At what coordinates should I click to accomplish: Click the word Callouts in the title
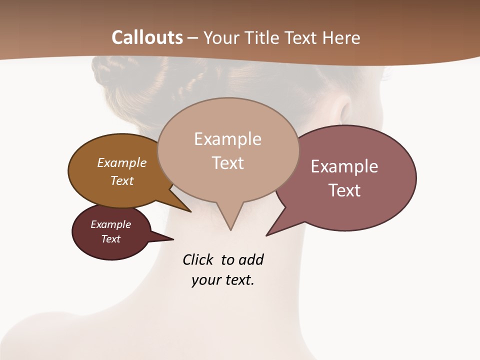pos(147,37)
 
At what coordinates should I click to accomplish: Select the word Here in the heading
pos(342,37)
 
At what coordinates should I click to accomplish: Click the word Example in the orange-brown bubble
pos(122,162)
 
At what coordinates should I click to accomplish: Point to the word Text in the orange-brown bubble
pos(122,180)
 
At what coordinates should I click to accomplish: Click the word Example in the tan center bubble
pos(227,139)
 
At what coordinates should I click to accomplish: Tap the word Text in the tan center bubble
pos(227,163)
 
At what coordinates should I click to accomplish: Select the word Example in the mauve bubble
pos(344,166)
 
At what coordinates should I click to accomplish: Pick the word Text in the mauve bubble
pos(344,190)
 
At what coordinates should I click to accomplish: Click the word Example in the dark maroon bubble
pos(111,224)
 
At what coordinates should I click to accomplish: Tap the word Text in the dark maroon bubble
pos(111,239)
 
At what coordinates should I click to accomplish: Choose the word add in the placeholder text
pos(251,259)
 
